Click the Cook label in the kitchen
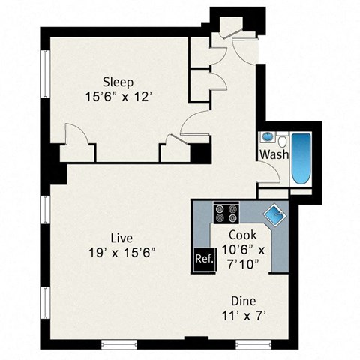243,234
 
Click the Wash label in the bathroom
274,155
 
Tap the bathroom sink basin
267,138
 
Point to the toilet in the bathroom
283,140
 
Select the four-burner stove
225,213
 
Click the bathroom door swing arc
270,174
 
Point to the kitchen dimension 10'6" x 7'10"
247,255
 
